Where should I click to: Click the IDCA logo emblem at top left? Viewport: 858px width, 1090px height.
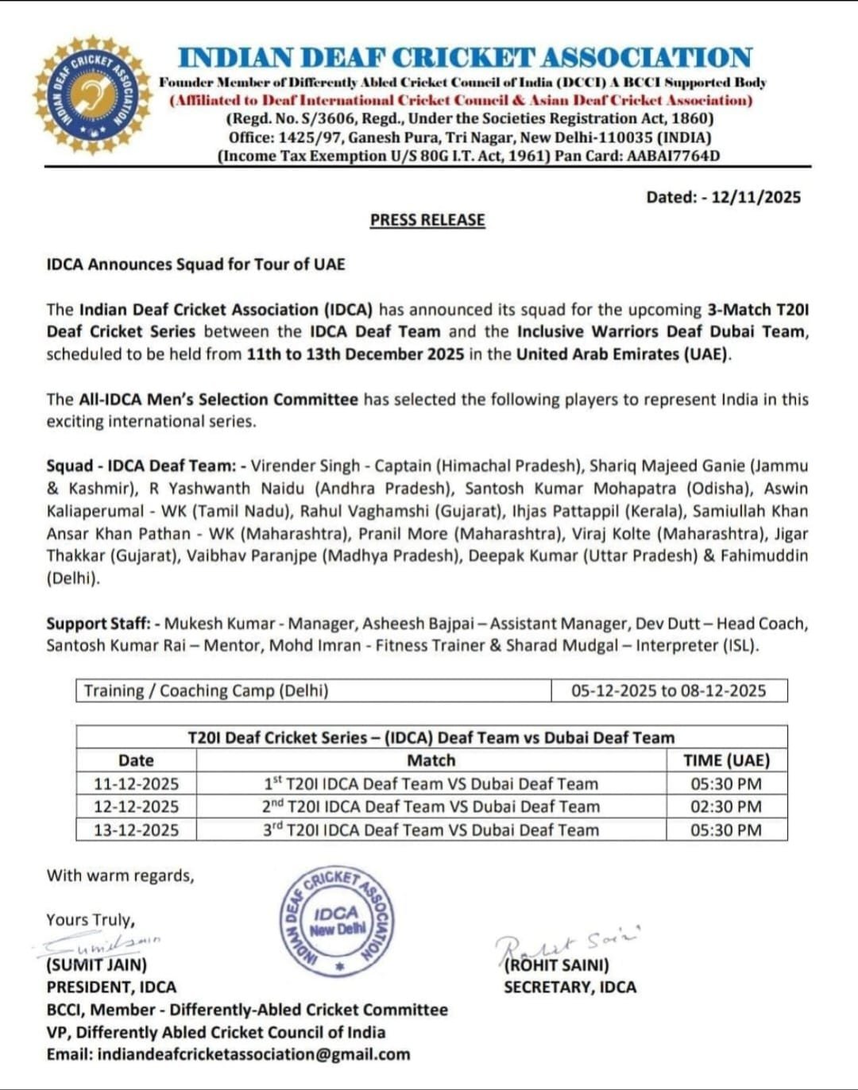92,95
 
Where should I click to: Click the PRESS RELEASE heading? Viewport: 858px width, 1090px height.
427,220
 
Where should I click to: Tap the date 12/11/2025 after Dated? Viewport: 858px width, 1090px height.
756,197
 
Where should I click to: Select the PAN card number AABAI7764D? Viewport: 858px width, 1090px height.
673,156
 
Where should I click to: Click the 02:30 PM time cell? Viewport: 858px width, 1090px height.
726,806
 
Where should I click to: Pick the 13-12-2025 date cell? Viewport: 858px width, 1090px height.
136,829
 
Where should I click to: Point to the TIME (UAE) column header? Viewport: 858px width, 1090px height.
726,760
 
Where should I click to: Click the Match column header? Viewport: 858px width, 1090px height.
431,760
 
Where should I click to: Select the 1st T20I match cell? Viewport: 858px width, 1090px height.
431,783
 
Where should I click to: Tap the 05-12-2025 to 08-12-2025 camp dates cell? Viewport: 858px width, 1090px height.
668,690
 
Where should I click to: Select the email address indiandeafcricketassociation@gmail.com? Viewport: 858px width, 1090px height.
254,1054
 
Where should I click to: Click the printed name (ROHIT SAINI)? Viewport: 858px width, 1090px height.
557,964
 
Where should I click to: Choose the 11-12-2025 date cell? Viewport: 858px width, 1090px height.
136,783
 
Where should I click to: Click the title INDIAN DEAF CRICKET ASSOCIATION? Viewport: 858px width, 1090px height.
465,58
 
